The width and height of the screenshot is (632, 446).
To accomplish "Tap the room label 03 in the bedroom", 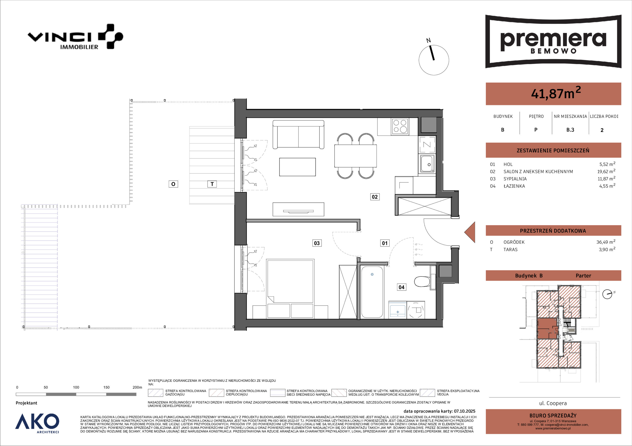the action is tap(317, 243).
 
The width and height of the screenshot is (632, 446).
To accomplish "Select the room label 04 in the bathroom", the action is tap(402, 287).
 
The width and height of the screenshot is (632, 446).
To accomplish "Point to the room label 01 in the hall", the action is tap(385, 243).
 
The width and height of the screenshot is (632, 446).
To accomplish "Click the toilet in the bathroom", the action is tap(424, 281).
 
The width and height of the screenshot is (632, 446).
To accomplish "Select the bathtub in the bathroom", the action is tap(372, 292).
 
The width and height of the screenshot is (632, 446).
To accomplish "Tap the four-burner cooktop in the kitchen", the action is tap(400, 126).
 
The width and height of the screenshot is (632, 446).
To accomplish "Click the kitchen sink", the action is tap(427, 164).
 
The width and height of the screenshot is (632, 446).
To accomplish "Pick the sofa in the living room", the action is tap(298, 135).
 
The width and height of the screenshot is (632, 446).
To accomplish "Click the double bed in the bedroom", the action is tap(290, 289).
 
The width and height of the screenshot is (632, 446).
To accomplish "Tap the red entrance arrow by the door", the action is tap(470, 232).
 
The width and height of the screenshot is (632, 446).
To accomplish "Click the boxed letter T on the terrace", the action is tap(212, 184).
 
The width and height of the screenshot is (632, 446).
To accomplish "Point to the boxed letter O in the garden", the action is tap(173, 184).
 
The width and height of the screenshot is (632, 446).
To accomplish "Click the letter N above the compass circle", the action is tap(428, 41).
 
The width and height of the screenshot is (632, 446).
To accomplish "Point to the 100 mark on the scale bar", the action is tap(76, 387).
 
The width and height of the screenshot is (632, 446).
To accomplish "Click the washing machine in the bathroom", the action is tap(416, 310).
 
